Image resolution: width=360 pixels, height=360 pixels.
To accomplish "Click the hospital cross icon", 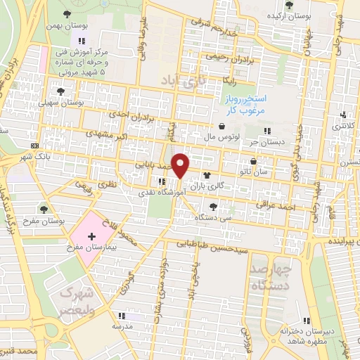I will (91, 237).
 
